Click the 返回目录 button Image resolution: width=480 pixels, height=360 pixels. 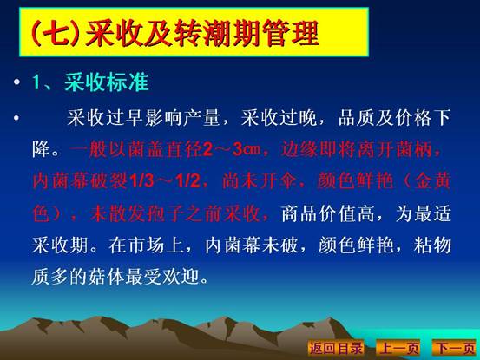(336, 348)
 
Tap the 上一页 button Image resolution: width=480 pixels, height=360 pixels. (398, 348)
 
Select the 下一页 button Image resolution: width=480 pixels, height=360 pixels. (456, 348)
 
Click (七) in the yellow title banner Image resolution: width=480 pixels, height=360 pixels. (56, 33)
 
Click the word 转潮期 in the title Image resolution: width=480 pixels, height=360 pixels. (217, 33)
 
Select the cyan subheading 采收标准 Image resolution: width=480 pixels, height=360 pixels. (107, 82)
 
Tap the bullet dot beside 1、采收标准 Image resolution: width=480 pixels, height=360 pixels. (16, 82)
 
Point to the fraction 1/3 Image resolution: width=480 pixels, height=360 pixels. (141, 181)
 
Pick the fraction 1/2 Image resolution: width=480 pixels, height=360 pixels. (187, 181)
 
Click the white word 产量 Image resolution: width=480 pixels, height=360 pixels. (202, 117)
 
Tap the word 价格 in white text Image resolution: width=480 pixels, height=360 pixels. (414, 117)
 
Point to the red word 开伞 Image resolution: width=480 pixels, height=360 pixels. (279, 181)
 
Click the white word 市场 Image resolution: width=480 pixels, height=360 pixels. (146, 245)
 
